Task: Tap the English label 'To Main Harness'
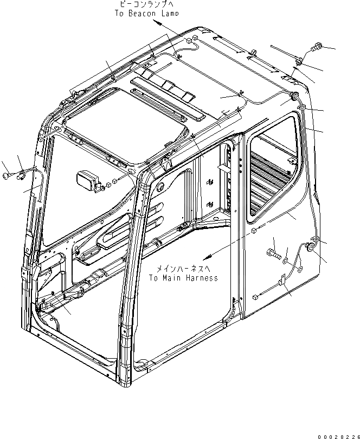[183, 278]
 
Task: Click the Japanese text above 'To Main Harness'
[183, 269]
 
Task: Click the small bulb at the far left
[7, 175]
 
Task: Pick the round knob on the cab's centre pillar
[159, 186]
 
